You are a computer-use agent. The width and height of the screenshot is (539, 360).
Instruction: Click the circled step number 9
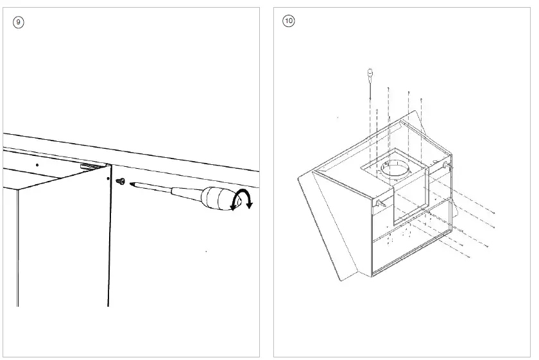coord(19,22)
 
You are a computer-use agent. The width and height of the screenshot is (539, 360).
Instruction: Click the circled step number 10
coord(288,21)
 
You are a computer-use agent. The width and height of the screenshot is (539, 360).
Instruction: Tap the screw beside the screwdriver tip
coord(120,182)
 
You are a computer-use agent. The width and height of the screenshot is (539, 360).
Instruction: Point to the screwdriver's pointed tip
coord(131,184)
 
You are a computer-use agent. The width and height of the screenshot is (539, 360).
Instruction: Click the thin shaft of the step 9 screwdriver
coord(167,191)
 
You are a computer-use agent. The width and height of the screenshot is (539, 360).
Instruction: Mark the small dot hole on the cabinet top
coord(37,165)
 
